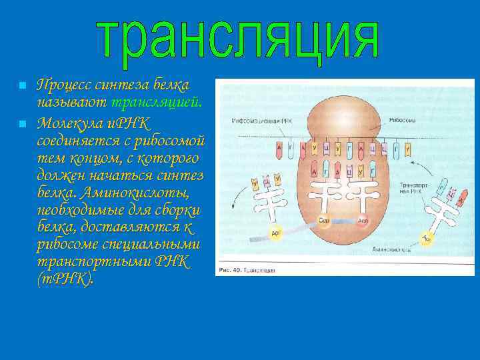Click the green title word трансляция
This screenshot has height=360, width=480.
tap(238, 41)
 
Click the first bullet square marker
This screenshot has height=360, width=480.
tap(22, 86)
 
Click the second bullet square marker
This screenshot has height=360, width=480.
tap(22, 124)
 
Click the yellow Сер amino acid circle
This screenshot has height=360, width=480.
tap(324, 221)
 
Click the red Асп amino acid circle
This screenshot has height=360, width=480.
tap(363, 221)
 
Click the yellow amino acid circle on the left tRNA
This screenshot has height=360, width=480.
tap(275, 233)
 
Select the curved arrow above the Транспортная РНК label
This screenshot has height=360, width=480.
tap(416, 167)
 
